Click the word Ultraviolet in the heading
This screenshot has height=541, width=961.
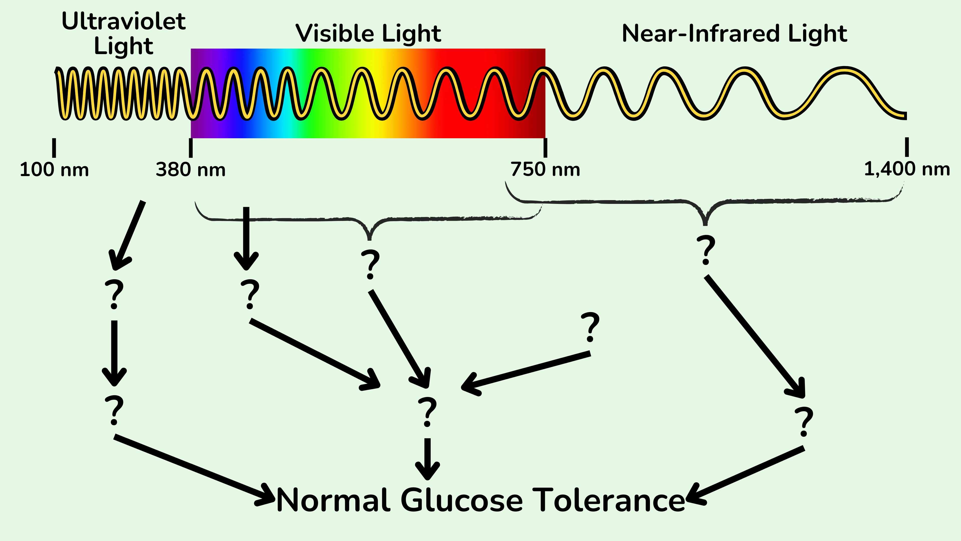pos(123,21)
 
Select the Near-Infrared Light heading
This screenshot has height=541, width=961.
pos(734,34)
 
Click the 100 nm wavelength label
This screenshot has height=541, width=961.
pos(54,170)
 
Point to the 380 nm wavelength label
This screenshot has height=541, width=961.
pos(191,170)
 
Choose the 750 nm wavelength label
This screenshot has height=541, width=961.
pos(545,170)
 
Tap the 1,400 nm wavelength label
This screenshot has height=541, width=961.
pos(906,169)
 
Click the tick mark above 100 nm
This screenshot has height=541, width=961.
pos(54,148)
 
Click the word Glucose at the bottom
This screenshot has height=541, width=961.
pos(461,500)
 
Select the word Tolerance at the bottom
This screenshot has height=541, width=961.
pos(608,500)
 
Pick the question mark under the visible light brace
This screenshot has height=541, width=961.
pos(370,264)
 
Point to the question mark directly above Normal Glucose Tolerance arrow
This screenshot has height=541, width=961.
pos(427,412)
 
